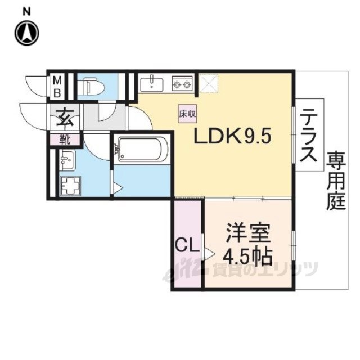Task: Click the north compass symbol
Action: click(26, 33)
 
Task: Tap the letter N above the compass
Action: click(26, 12)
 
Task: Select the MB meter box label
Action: click(57, 87)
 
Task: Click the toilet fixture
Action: click(91, 87)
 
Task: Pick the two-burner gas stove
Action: click(182, 84)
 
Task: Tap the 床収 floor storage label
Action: click(187, 114)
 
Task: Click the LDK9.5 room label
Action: click(232, 136)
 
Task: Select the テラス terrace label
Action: click(309, 136)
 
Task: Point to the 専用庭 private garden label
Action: click(336, 181)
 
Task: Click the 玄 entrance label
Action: click(65, 117)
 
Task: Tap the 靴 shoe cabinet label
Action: click(65, 139)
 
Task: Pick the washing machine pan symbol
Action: click(70, 186)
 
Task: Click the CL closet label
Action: click(187, 245)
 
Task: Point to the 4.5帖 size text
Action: click(247, 256)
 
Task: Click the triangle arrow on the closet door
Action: click(209, 254)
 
